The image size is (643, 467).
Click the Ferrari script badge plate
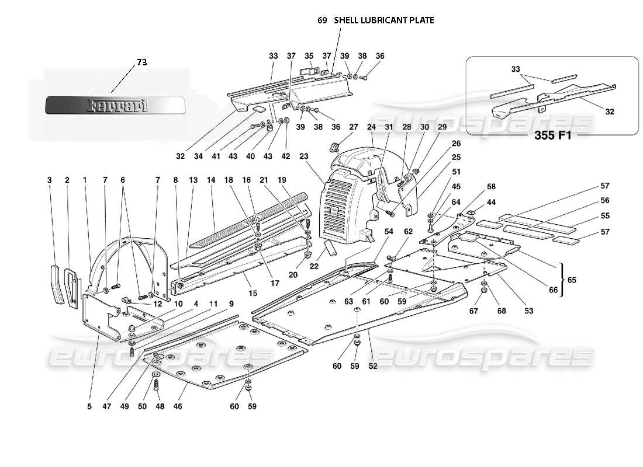(116, 106)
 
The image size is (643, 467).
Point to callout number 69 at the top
(322, 20)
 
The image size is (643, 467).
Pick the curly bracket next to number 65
(562, 280)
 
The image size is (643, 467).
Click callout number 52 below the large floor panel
(373, 366)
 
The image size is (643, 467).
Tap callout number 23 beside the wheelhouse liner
(303, 156)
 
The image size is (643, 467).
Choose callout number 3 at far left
(49, 180)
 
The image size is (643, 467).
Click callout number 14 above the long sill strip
(210, 180)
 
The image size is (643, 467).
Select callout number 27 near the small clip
(353, 127)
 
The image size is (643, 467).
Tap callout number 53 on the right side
(529, 311)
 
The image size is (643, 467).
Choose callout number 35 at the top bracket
(309, 56)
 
